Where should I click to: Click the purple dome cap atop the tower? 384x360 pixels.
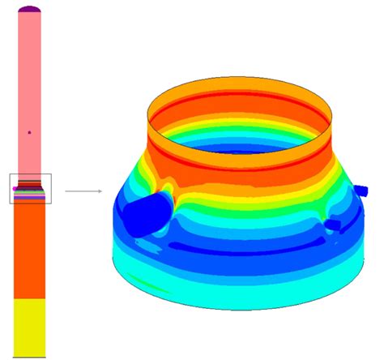click(30, 9)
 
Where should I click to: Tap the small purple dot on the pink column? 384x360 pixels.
click(29, 131)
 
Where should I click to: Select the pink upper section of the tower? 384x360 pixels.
click(30, 81)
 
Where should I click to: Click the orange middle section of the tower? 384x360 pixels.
click(30, 251)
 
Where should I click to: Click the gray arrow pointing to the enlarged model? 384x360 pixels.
click(83, 191)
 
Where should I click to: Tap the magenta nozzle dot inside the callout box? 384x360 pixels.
click(15, 188)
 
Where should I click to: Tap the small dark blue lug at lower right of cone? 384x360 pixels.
click(333, 223)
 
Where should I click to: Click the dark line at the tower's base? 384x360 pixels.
click(30, 357)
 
